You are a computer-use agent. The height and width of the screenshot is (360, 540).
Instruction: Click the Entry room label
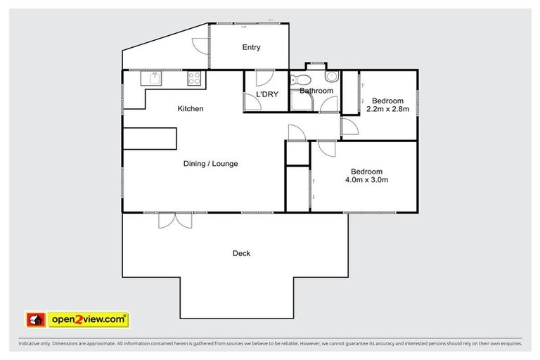[251, 48]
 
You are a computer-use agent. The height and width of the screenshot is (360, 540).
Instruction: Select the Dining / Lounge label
[210, 164]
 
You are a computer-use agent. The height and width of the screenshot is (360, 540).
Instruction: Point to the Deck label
[241, 253]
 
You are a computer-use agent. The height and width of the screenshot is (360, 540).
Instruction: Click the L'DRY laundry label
[266, 94]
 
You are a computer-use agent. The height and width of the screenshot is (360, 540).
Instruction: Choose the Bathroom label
[316, 91]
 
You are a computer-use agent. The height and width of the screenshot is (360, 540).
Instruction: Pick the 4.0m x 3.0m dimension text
[366, 180]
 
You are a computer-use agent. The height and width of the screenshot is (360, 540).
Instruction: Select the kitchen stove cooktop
[195, 78]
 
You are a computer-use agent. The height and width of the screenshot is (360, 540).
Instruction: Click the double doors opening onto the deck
[175, 220]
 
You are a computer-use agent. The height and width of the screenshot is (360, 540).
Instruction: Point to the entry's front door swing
[202, 44]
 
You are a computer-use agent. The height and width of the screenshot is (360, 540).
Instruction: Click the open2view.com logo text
[89, 319]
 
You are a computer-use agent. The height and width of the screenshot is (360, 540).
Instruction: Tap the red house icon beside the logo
[36, 320]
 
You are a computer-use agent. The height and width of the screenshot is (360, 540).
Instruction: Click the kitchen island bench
[150, 139]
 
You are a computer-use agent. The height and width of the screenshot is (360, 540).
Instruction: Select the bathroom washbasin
[332, 76]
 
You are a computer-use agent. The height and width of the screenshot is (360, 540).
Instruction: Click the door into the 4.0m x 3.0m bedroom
[326, 148]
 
